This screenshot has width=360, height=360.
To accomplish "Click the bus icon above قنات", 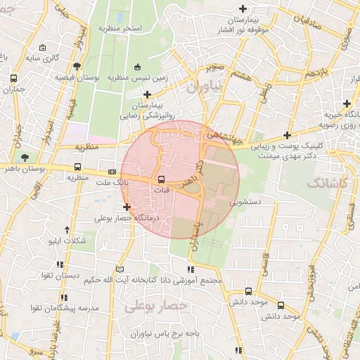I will (161, 179).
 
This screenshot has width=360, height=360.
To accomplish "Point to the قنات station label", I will (161, 190).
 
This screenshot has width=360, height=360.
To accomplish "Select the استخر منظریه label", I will (120, 27).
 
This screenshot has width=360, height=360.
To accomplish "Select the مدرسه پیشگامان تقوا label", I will (63, 308).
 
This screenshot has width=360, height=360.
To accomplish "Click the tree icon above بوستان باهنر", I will (26, 157).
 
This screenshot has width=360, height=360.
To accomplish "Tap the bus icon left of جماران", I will (13, 79).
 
